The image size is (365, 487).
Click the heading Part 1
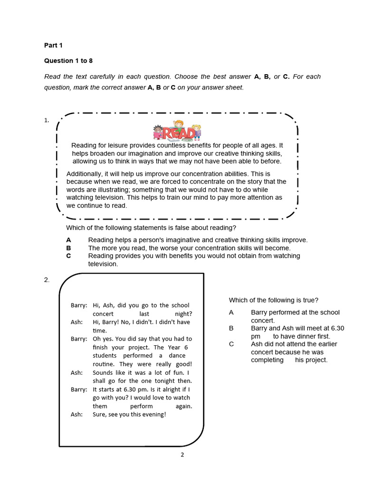pos(53,45)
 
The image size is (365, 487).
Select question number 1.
pos(47,120)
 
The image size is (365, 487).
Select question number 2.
pos(47,280)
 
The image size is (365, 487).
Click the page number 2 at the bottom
pos(182,454)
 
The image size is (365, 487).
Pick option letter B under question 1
pos(68,248)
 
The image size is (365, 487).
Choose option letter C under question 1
pos(68,256)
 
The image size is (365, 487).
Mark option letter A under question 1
pos(68,240)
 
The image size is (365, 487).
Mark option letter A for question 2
pos(231,312)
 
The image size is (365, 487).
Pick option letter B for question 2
pos(231,328)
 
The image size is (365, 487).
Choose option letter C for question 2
pos(231,344)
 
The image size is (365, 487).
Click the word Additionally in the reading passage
pos(84,174)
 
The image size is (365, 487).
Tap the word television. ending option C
pos(103,263)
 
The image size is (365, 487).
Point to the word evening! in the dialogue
pos(152,414)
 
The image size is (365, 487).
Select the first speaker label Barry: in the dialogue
pos(79,305)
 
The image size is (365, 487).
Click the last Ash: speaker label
pos(77,414)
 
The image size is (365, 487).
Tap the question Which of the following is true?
pos(273,300)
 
